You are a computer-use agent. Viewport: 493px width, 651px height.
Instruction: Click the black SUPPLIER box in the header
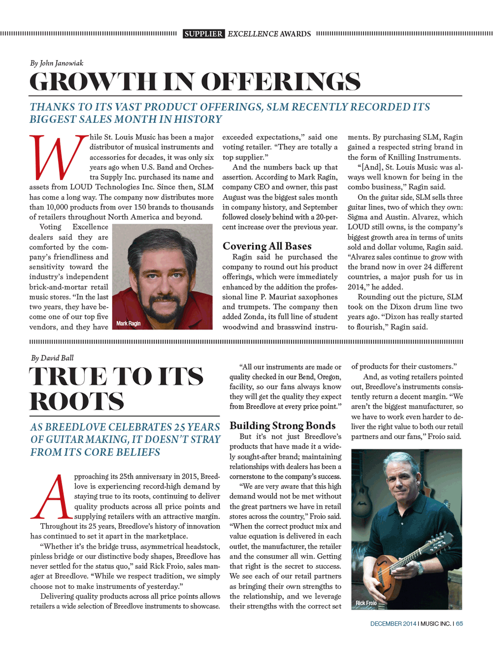(x=204, y=34)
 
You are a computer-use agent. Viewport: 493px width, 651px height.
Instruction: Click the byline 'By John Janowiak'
(x=57, y=63)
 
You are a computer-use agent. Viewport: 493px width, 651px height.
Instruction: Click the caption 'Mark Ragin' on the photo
(x=128, y=324)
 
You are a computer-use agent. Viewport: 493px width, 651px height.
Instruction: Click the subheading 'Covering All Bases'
(x=267, y=246)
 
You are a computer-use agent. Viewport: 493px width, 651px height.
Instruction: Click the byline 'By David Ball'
(x=52, y=358)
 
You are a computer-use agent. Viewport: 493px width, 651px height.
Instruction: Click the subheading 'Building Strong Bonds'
(x=282, y=425)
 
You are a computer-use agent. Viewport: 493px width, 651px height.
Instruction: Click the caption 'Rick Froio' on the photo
(x=366, y=603)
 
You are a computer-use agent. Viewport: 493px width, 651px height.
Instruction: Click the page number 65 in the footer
(x=459, y=624)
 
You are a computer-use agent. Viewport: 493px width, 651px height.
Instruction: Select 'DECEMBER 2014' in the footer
(x=393, y=624)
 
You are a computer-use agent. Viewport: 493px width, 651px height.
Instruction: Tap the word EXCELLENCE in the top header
(x=252, y=34)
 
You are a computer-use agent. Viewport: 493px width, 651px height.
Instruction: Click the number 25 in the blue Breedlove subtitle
(x=179, y=427)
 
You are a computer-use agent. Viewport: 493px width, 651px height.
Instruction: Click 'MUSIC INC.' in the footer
(x=436, y=624)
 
